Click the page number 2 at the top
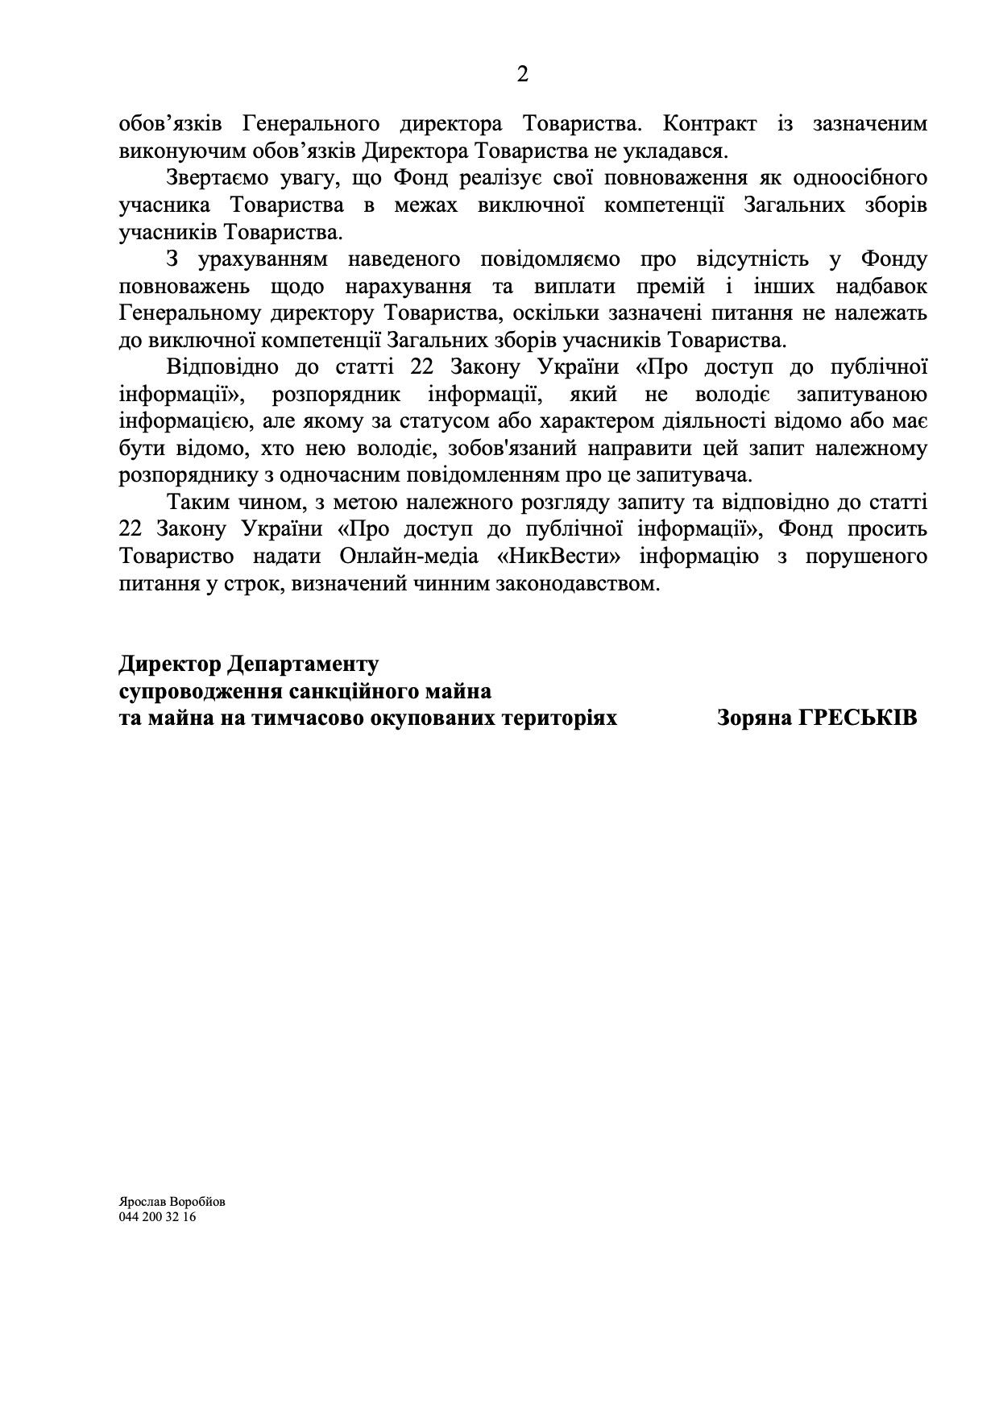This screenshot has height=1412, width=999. tap(522, 75)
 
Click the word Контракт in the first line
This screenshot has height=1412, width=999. tap(709, 124)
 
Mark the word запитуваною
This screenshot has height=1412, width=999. tap(861, 395)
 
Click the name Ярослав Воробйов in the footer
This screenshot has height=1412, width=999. tap(172, 1201)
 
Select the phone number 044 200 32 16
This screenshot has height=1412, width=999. tap(157, 1217)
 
